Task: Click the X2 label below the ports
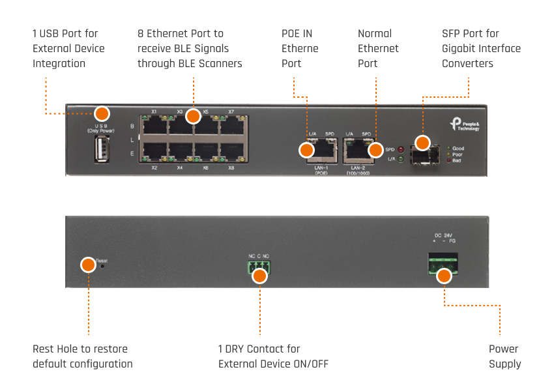(154, 168)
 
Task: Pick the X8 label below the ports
(231, 168)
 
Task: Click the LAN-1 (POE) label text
(320, 170)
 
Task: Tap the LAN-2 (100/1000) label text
(358, 170)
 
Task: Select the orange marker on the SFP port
(422, 143)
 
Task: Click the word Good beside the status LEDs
(458, 149)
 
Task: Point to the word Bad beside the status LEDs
(457, 160)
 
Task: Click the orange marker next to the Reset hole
(88, 265)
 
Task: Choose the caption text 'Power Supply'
(504, 356)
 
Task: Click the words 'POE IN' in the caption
(297, 33)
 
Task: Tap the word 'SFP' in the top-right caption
(452, 33)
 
